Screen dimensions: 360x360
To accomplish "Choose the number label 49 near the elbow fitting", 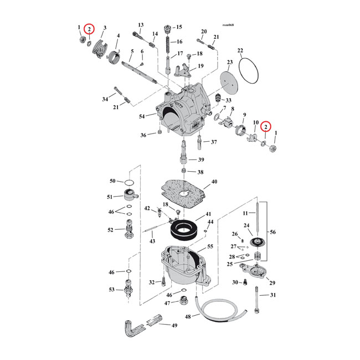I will tap(174, 326).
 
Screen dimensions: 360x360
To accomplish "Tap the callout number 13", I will tap(141, 25).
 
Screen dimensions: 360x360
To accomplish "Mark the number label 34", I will tap(105, 99).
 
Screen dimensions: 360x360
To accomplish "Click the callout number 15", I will tap(179, 27).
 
